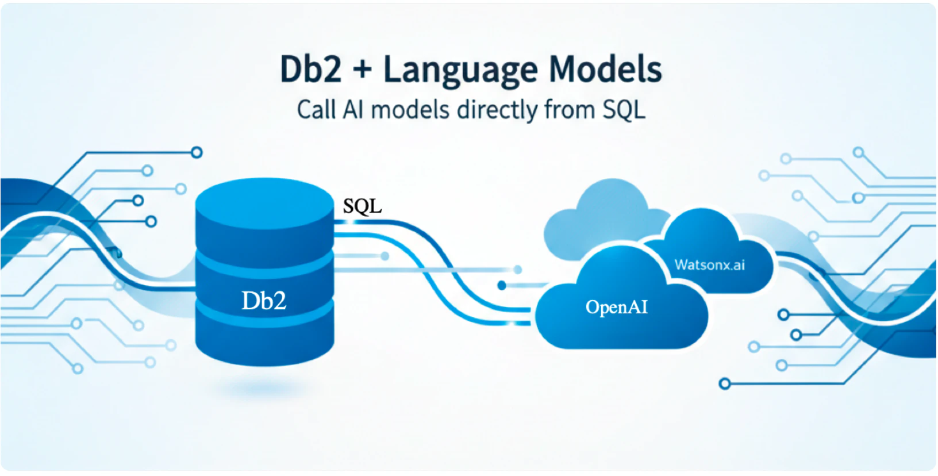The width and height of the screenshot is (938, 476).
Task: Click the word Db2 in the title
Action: (x=310, y=69)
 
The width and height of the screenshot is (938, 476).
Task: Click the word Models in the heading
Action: (x=605, y=69)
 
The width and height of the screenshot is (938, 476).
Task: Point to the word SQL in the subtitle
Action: (x=624, y=110)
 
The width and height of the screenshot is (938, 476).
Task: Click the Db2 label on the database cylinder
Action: (x=264, y=300)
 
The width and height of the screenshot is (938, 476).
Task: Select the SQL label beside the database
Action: (x=362, y=206)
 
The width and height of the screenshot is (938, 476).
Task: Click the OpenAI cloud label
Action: (x=616, y=307)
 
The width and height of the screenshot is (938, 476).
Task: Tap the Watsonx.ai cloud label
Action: (x=709, y=265)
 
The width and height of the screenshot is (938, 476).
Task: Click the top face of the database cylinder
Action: (x=264, y=203)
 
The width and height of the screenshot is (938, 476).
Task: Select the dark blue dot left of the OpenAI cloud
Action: (x=502, y=286)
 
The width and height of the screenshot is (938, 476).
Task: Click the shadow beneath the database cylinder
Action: (x=264, y=388)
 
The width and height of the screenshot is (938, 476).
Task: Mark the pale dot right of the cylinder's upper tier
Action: (x=385, y=256)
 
